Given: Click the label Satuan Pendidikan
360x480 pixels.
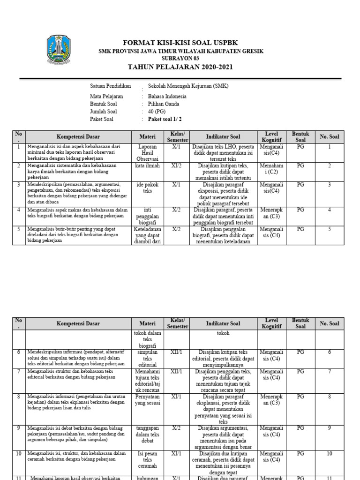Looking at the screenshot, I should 110,86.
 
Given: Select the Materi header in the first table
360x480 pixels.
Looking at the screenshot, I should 147,137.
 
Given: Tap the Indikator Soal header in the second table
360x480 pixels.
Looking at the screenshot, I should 223,323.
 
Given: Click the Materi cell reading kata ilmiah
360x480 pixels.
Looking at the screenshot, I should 147,166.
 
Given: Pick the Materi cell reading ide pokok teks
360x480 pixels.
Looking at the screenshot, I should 147,188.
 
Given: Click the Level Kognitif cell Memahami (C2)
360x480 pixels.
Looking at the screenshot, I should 271,169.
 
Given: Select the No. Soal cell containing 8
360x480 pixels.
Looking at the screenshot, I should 330,396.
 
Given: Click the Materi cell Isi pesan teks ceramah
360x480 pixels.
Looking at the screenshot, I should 147,460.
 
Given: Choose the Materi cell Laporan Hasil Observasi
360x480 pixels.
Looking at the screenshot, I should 147,153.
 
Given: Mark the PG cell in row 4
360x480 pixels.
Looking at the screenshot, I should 300,210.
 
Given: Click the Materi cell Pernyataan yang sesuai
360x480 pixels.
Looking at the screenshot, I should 147,400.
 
